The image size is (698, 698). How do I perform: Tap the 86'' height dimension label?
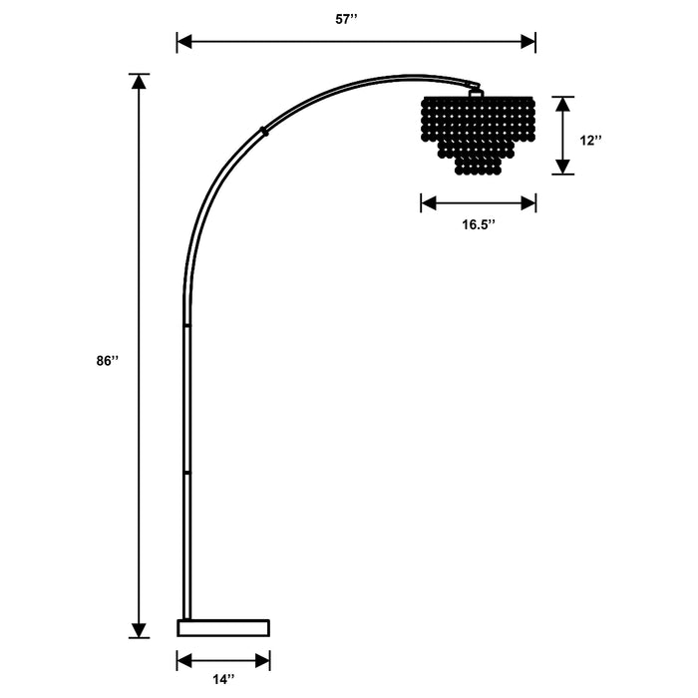tap(108, 362)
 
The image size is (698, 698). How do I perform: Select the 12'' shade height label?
tap(591, 141)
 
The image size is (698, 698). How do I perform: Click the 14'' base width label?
tap(223, 680)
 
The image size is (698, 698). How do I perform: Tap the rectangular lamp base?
tap(223, 628)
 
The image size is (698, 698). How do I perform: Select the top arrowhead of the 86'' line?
tap(139, 82)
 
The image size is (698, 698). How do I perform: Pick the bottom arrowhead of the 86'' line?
tap(139, 629)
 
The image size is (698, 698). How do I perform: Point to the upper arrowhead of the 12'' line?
tap(564, 104)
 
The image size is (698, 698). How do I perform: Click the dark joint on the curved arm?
tap(264, 130)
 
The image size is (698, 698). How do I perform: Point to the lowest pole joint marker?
tap(185, 471)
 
